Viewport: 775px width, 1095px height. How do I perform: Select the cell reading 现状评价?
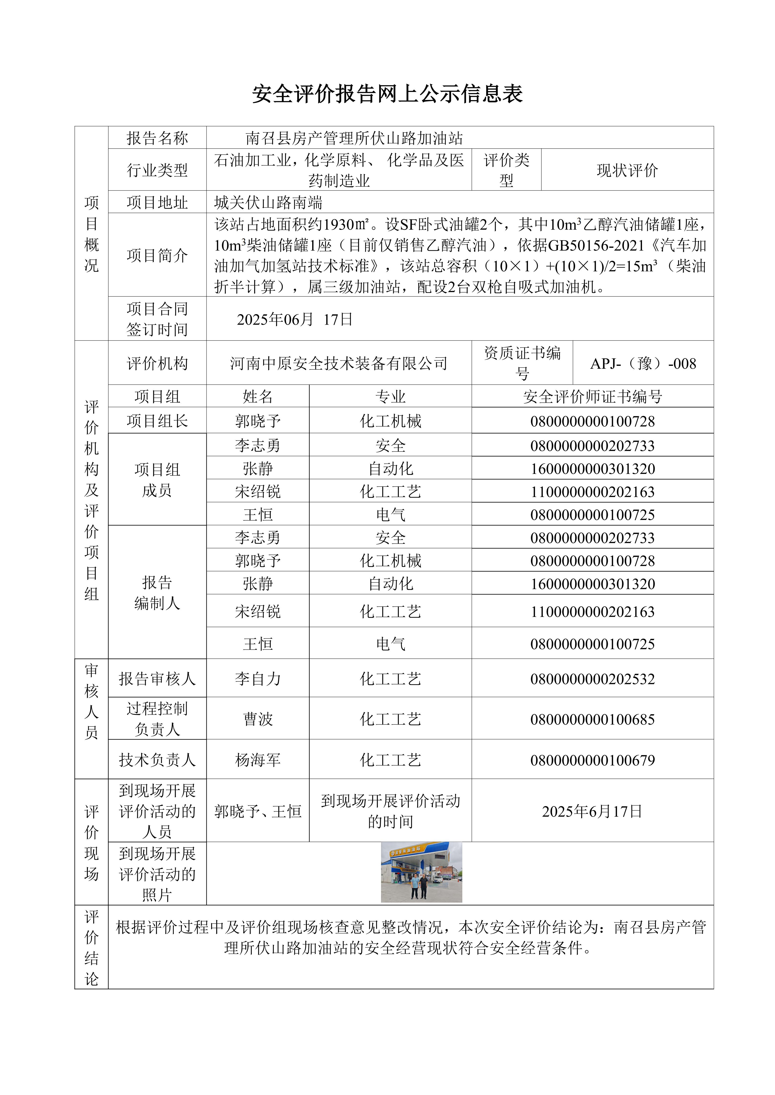(627, 170)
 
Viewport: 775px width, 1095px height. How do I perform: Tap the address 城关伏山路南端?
(268, 203)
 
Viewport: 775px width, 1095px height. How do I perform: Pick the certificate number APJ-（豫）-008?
(643, 363)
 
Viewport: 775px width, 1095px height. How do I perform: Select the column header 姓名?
(258, 396)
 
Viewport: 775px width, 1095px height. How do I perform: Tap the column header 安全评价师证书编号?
(592, 396)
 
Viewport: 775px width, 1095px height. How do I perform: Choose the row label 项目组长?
(157, 421)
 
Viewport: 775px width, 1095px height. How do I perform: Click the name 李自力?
(258, 679)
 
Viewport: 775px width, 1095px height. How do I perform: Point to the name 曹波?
(258, 719)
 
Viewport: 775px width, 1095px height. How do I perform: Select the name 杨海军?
(258, 760)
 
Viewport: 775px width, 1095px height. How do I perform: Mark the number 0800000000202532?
(592, 679)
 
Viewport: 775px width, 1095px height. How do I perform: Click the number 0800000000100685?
(592, 719)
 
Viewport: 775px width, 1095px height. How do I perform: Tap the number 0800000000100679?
(592, 760)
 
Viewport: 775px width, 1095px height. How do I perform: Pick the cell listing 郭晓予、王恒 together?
(258, 811)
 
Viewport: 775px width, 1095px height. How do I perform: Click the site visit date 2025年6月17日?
(592, 811)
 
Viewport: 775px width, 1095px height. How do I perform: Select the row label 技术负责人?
(157, 760)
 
